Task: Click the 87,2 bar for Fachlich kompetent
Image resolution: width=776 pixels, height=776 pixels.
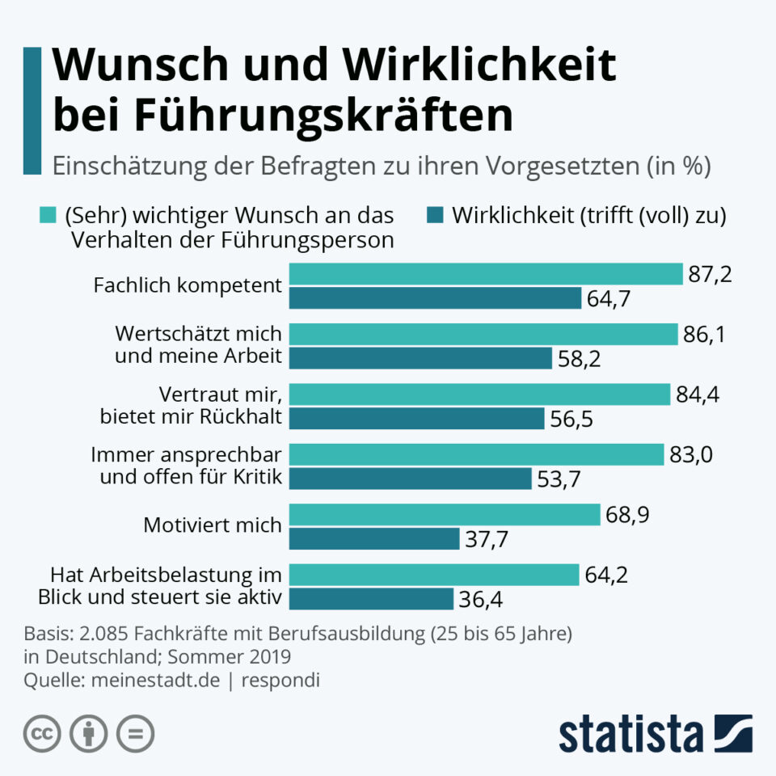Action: click(486, 274)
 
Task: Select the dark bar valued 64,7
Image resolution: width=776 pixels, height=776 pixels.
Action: click(435, 298)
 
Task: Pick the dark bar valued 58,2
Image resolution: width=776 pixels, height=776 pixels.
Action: click(420, 358)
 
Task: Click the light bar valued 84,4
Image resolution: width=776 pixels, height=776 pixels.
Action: click(479, 394)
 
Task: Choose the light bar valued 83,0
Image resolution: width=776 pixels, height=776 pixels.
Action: click(476, 454)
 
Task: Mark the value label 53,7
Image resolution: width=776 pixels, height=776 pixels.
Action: click(559, 479)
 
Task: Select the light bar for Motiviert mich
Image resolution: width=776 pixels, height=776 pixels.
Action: click(445, 515)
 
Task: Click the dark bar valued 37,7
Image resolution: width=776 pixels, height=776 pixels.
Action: click(373, 538)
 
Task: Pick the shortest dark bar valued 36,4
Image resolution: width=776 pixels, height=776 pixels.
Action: click(371, 599)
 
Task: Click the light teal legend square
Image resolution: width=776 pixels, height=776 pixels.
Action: click(48, 216)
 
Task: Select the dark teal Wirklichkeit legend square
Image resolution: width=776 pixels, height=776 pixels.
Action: click(433, 216)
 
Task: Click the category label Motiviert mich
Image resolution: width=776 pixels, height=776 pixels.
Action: click(212, 525)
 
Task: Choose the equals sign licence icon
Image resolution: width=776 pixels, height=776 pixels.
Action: click(135, 734)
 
